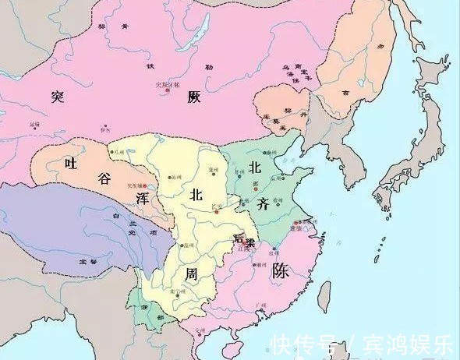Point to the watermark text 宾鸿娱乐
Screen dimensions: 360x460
point(405,344)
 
